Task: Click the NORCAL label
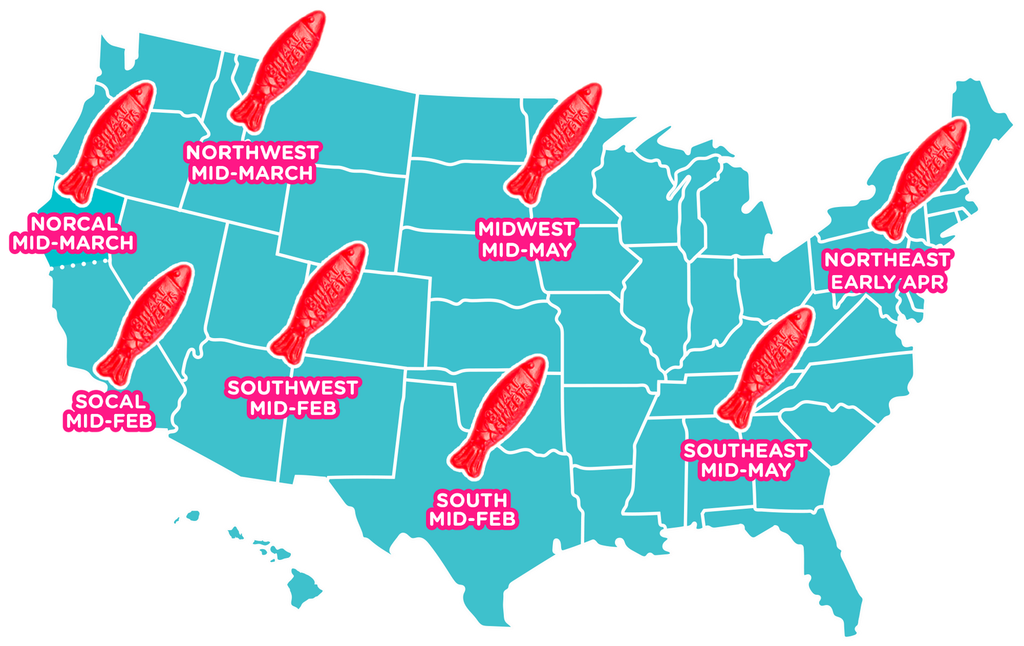point(74,223)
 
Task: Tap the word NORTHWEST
point(252,152)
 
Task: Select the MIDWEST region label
point(526,228)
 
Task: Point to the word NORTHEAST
point(887,259)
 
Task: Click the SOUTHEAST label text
point(745,451)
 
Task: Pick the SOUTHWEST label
point(293,388)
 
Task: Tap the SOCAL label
point(110,401)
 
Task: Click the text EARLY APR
point(887,282)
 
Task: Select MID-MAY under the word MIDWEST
point(526,250)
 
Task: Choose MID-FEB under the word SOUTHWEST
point(293,408)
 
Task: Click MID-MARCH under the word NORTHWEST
point(252,173)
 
